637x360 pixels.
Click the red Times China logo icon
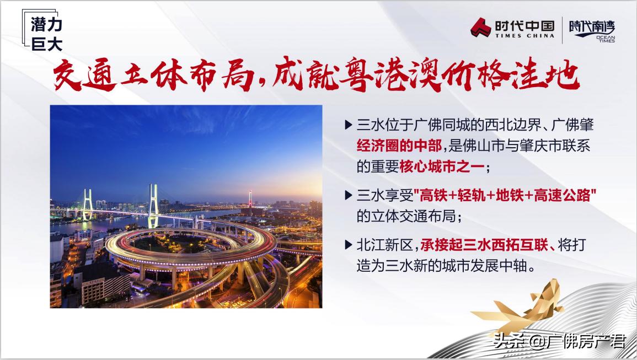tap(481, 28)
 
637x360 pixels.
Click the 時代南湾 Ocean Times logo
tap(592, 31)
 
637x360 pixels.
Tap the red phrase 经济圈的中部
tap(399, 146)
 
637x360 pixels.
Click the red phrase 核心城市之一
tap(442, 166)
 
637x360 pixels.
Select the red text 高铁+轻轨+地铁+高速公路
tap(505, 196)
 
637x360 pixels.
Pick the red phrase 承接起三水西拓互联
tap(484, 245)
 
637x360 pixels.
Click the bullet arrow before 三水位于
tap(348, 125)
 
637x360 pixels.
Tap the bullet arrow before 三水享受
tap(348, 196)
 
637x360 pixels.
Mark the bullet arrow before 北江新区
tap(348, 245)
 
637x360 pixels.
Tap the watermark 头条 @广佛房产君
tap(559, 341)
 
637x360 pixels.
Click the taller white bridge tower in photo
tap(153, 206)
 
